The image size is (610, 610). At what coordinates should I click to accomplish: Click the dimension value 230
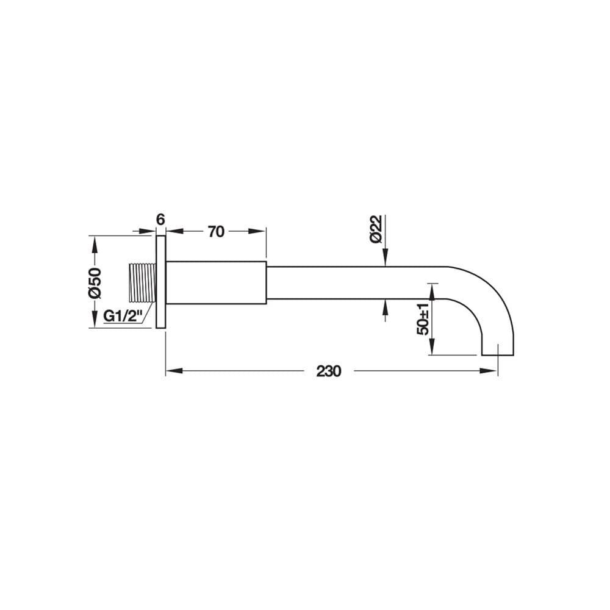pyautogui.click(x=329, y=371)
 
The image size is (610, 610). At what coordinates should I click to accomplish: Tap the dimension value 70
pyautogui.click(x=217, y=232)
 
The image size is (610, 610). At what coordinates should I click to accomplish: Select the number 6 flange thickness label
pyautogui.click(x=160, y=220)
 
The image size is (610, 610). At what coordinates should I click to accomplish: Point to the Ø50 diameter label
pyautogui.click(x=95, y=282)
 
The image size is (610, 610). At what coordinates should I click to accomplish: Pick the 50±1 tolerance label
pyautogui.click(x=423, y=318)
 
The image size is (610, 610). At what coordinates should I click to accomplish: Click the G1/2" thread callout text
pyautogui.click(x=121, y=316)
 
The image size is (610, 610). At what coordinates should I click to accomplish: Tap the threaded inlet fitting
pyautogui.click(x=142, y=283)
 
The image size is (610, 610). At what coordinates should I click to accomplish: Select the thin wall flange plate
pyautogui.click(x=161, y=282)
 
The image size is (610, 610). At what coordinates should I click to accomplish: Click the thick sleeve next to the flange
pyautogui.click(x=217, y=283)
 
